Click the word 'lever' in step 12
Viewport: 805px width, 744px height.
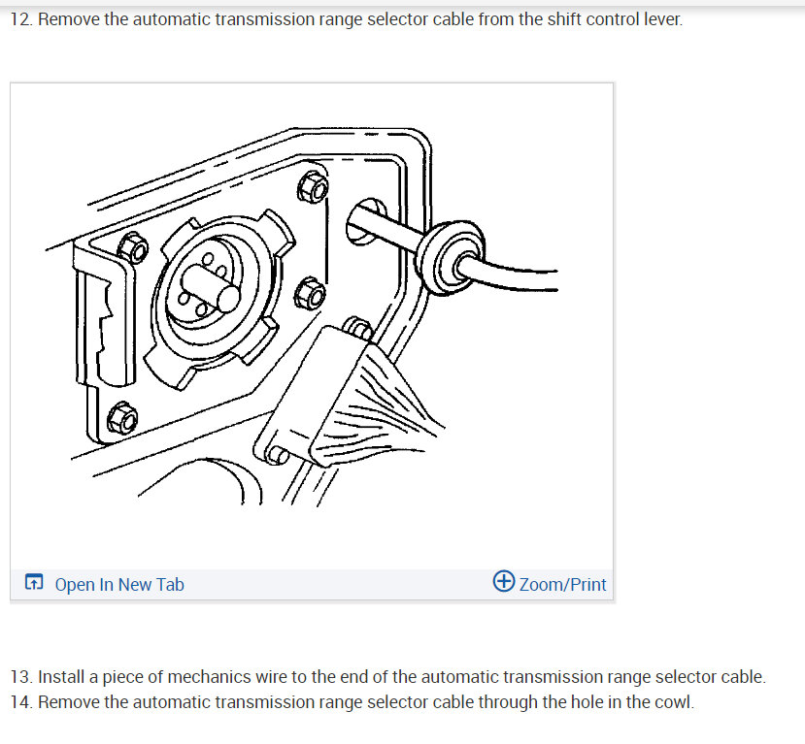(x=661, y=19)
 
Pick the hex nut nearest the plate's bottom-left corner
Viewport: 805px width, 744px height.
(x=123, y=418)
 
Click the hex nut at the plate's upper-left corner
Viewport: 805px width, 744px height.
(x=133, y=248)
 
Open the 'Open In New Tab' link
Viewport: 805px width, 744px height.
(x=118, y=584)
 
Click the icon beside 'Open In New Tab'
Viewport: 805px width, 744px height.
(x=34, y=584)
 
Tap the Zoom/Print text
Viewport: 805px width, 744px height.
(x=562, y=584)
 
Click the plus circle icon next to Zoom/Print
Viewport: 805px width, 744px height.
(x=504, y=582)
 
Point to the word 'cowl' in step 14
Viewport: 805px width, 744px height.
(x=674, y=701)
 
